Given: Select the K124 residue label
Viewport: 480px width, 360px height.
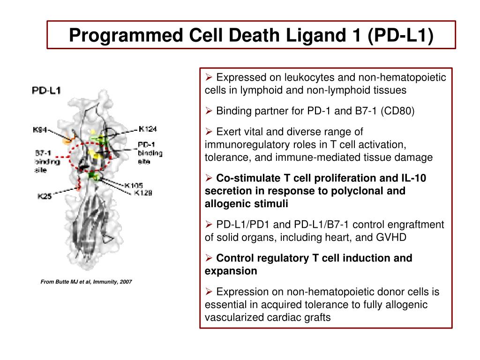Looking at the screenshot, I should pyautogui.click(x=148, y=128).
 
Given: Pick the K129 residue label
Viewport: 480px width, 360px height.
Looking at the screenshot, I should pyautogui.click(x=143, y=192).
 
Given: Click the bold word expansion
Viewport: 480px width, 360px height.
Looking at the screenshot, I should pyautogui.click(x=231, y=271).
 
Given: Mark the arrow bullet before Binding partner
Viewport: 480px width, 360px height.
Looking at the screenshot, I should pyautogui.click(x=209, y=111).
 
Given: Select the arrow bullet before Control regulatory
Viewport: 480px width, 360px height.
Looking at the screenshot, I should pyautogui.click(x=209, y=258).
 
